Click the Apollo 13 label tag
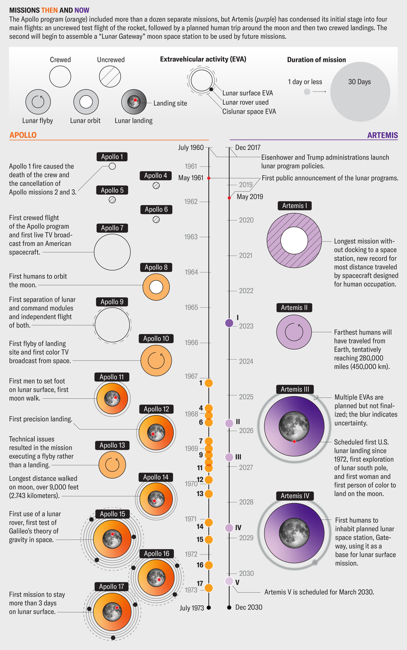pyautogui.click(x=112, y=445)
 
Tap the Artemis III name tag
pyautogui.click(x=295, y=389)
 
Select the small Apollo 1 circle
pyautogui.click(x=112, y=166)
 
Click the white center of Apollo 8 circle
pyautogui.click(x=156, y=287)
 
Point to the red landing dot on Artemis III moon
pyautogui.click(x=294, y=441)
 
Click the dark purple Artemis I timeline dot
pyautogui.click(x=229, y=323)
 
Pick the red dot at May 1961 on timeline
pyautogui.click(x=208, y=178)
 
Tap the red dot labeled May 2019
pyautogui.click(x=229, y=198)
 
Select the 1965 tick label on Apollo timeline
pyautogui.click(x=191, y=307)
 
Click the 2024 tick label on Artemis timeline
pyautogui.click(x=246, y=361)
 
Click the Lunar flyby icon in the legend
pyautogui.click(x=38, y=102)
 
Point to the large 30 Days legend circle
pyautogui.click(x=360, y=92)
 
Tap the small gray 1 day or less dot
pyautogui.click(x=307, y=92)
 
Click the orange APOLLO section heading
pyautogui.click(x=23, y=135)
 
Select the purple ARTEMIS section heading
pyautogui.click(x=382, y=135)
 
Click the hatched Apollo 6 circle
pyautogui.click(x=156, y=220)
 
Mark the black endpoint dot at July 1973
pyautogui.click(x=208, y=608)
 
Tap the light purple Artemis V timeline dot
pyautogui.click(x=229, y=581)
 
